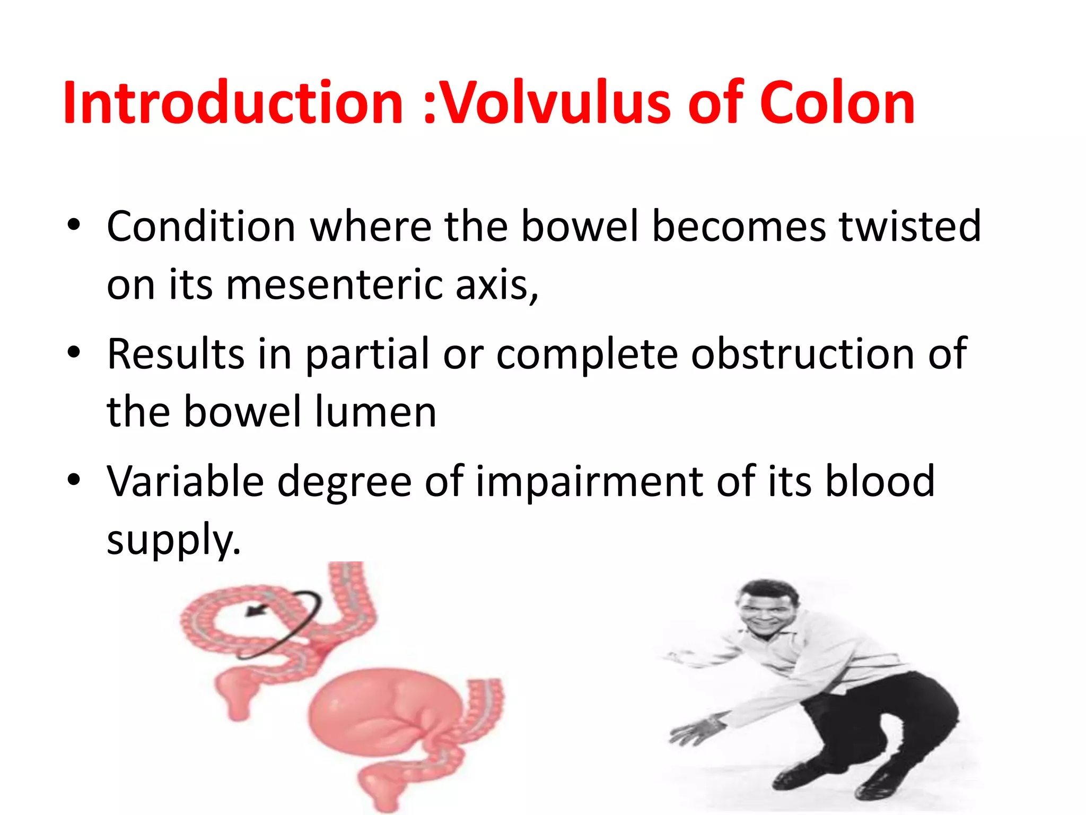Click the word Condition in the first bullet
click(x=201, y=227)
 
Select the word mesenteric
click(x=335, y=284)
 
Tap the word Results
click(x=176, y=354)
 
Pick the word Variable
click(x=185, y=481)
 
